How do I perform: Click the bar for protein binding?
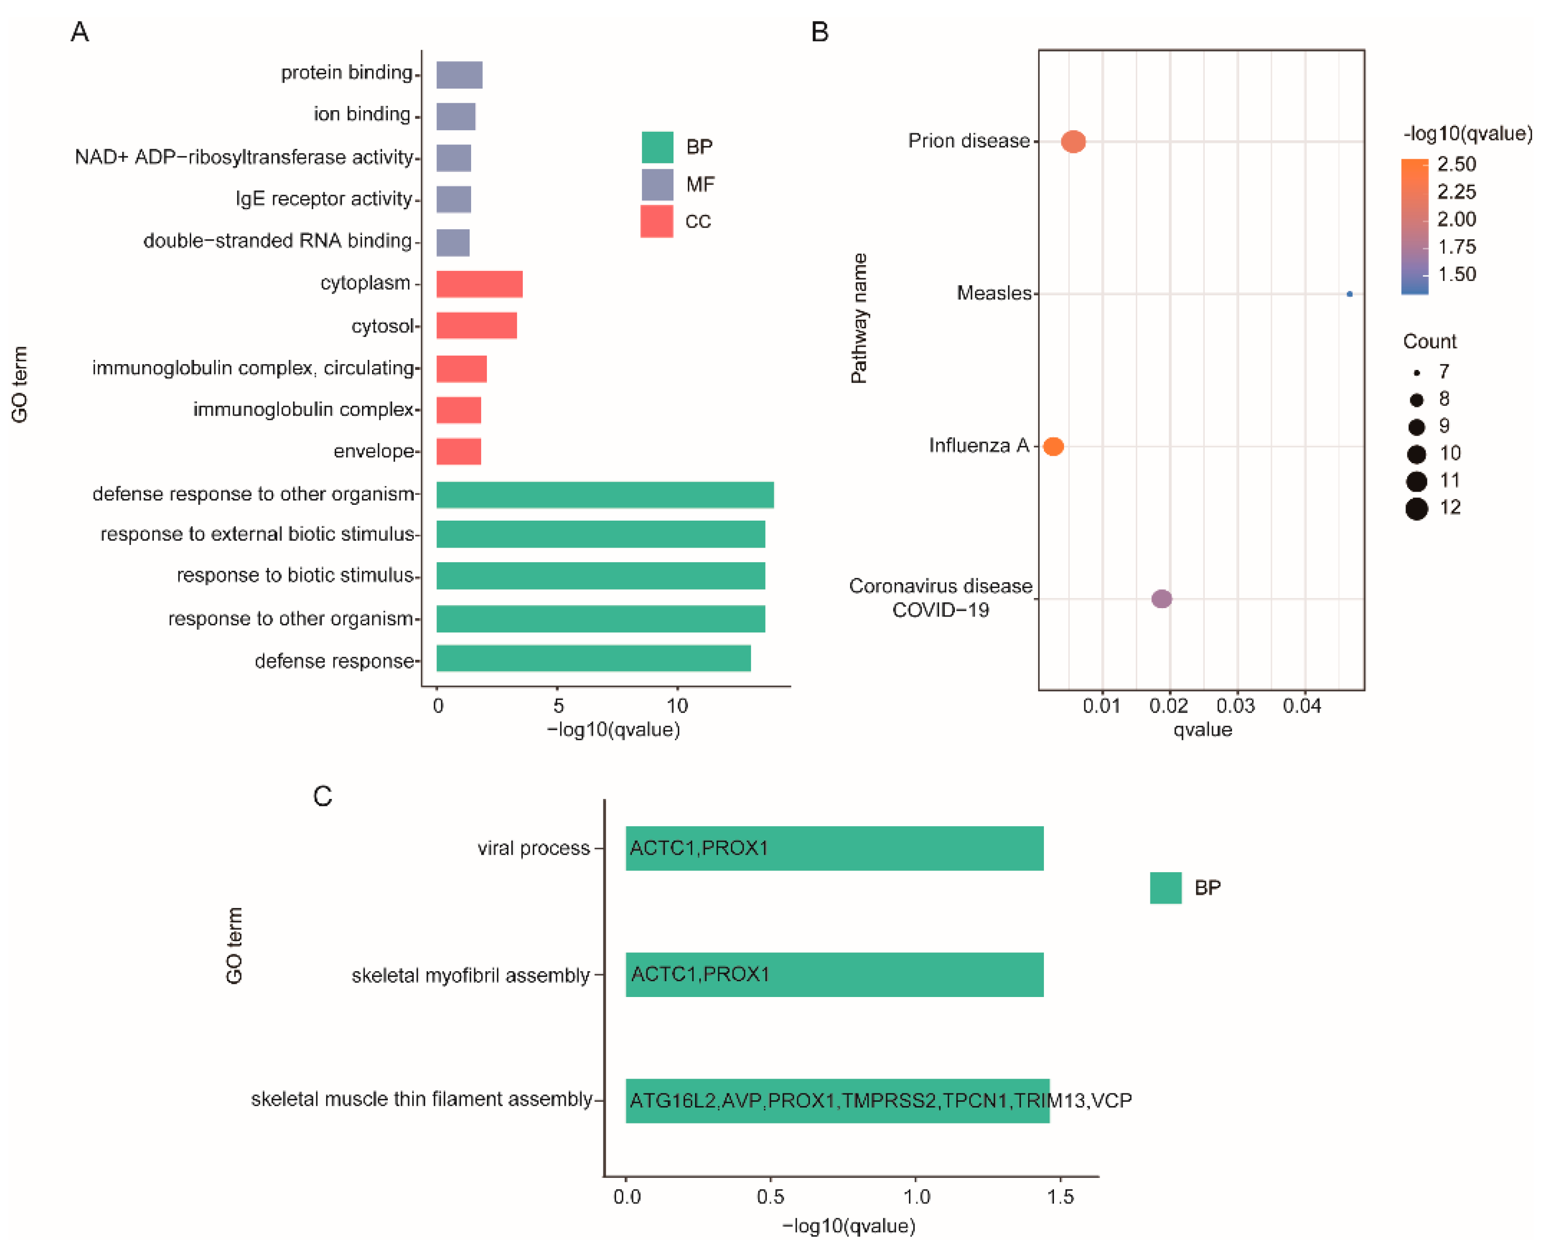459,75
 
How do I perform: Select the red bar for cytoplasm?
479,284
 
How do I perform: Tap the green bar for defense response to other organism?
604,495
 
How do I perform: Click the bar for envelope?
458,452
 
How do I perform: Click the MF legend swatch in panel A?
657,184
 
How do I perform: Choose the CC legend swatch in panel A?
656,221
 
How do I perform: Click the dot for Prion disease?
1072,141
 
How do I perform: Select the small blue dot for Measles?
1349,294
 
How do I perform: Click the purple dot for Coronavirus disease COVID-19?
1161,599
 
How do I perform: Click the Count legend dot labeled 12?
1415,509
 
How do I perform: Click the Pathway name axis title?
858,318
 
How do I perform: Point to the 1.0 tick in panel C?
916,1197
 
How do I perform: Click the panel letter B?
819,33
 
